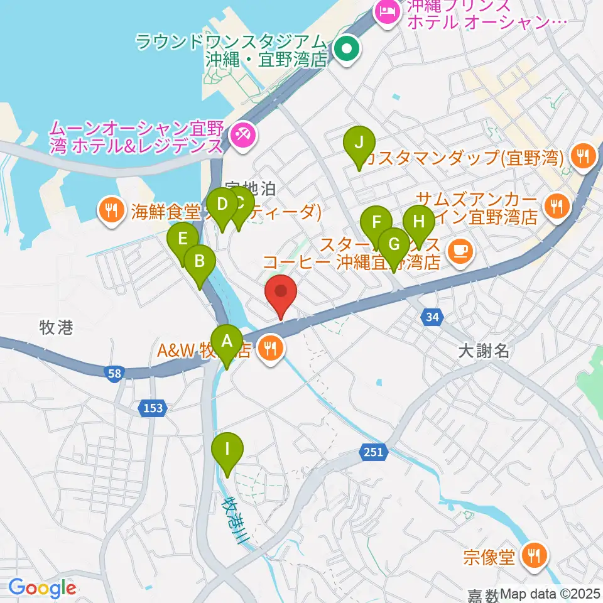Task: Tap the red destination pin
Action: coord(280,293)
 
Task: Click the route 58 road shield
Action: coord(114,374)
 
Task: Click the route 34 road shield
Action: coord(432,318)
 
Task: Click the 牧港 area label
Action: coord(57,327)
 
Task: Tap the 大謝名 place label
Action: coord(483,351)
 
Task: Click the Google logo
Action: coord(42,589)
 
